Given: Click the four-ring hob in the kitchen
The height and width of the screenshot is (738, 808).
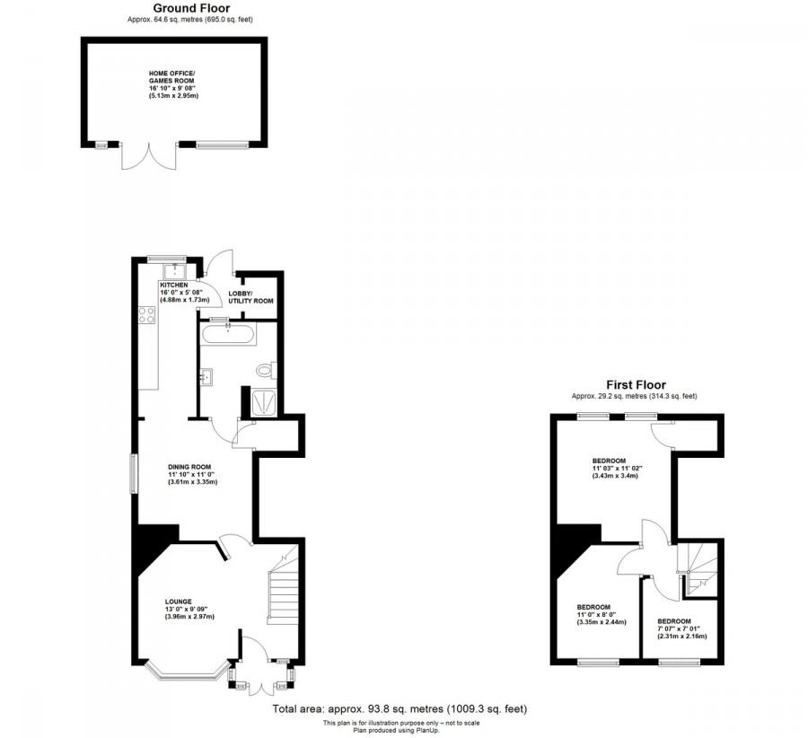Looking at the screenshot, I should [146, 314].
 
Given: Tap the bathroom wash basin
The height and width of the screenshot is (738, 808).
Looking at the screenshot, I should [206, 377].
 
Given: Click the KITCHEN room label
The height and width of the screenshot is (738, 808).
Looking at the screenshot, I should [173, 285].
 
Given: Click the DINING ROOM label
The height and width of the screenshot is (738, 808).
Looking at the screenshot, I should [189, 467].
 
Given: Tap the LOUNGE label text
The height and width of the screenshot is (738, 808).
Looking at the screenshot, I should [178, 602].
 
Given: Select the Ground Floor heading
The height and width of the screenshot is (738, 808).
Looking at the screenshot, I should [190, 8].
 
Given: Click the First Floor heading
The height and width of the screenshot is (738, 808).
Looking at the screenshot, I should [635, 385].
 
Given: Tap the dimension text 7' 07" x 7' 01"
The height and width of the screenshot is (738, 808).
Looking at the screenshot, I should [681, 628].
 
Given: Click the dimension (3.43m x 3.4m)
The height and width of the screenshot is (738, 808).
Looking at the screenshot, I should [616, 476].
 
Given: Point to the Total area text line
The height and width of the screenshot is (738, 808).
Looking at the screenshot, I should [400, 709].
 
